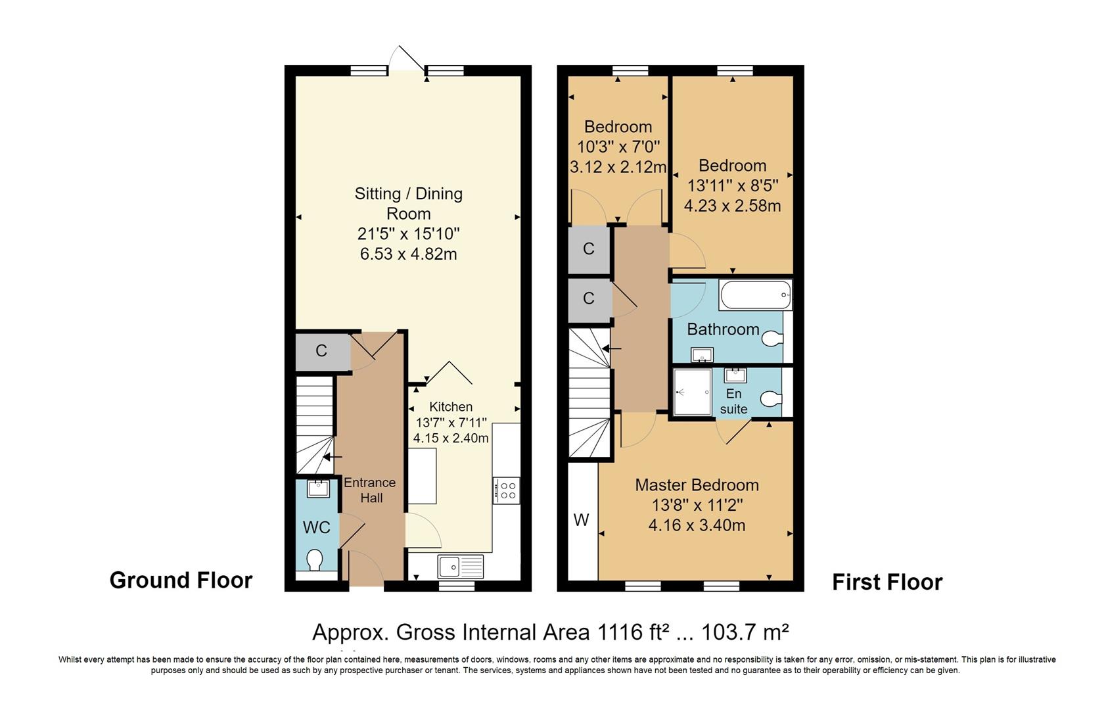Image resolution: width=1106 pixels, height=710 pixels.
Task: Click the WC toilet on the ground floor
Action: [x=315, y=559]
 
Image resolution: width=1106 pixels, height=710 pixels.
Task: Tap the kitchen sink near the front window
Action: [x=460, y=566]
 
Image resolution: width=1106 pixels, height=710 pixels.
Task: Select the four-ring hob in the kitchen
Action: [x=506, y=490]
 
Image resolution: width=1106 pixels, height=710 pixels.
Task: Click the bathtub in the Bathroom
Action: [x=755, y=295]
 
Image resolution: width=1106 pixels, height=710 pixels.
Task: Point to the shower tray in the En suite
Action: [x=693, y=392]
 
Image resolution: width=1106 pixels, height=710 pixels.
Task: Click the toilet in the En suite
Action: [x=770, y=398]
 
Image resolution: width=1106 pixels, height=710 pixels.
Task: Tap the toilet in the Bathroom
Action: [x=772, y=339]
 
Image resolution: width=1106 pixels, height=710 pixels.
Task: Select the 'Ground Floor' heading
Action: [x=181, y=580]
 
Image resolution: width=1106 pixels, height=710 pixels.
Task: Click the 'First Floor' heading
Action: [x=887, y=582]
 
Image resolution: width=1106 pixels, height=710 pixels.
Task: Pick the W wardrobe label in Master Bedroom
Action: [x=581, y=521]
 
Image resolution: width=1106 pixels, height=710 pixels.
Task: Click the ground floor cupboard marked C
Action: [x=321, y=351]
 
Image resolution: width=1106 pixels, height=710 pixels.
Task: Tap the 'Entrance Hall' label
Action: [x=370, y=490]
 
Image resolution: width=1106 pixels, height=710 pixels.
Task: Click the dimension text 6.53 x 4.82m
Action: [x=408, y=254]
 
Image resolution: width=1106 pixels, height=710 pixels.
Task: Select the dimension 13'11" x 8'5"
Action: [x=732, y=185]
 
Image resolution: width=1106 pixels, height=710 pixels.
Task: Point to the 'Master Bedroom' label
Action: [x=697, y=485]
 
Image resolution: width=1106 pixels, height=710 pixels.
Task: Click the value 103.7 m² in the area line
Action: [x=745, y=632]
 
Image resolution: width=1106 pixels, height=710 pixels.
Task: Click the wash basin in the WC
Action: [x=318, y=488]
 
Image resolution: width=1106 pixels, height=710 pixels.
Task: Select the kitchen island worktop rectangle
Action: [x=423, y=475]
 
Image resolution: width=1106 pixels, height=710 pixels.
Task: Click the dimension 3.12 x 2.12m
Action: [x=618, y=167]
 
